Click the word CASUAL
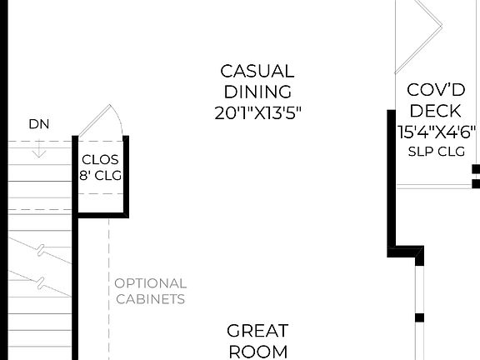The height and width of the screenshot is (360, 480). (257, 72)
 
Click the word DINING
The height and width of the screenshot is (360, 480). (257, 92)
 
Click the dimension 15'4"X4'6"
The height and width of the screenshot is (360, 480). (437, 132)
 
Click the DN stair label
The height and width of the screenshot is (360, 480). (38, 124)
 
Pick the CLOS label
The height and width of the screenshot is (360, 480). (100, 160)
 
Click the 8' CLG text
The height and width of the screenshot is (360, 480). (100, 176)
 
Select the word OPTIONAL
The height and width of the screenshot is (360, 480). (150, 284)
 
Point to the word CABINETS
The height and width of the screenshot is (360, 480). (150, 299)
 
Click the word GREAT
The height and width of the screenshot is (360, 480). (257, 331)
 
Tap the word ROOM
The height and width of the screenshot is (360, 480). (257, 352)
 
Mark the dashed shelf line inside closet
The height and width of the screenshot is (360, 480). (100, 194)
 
